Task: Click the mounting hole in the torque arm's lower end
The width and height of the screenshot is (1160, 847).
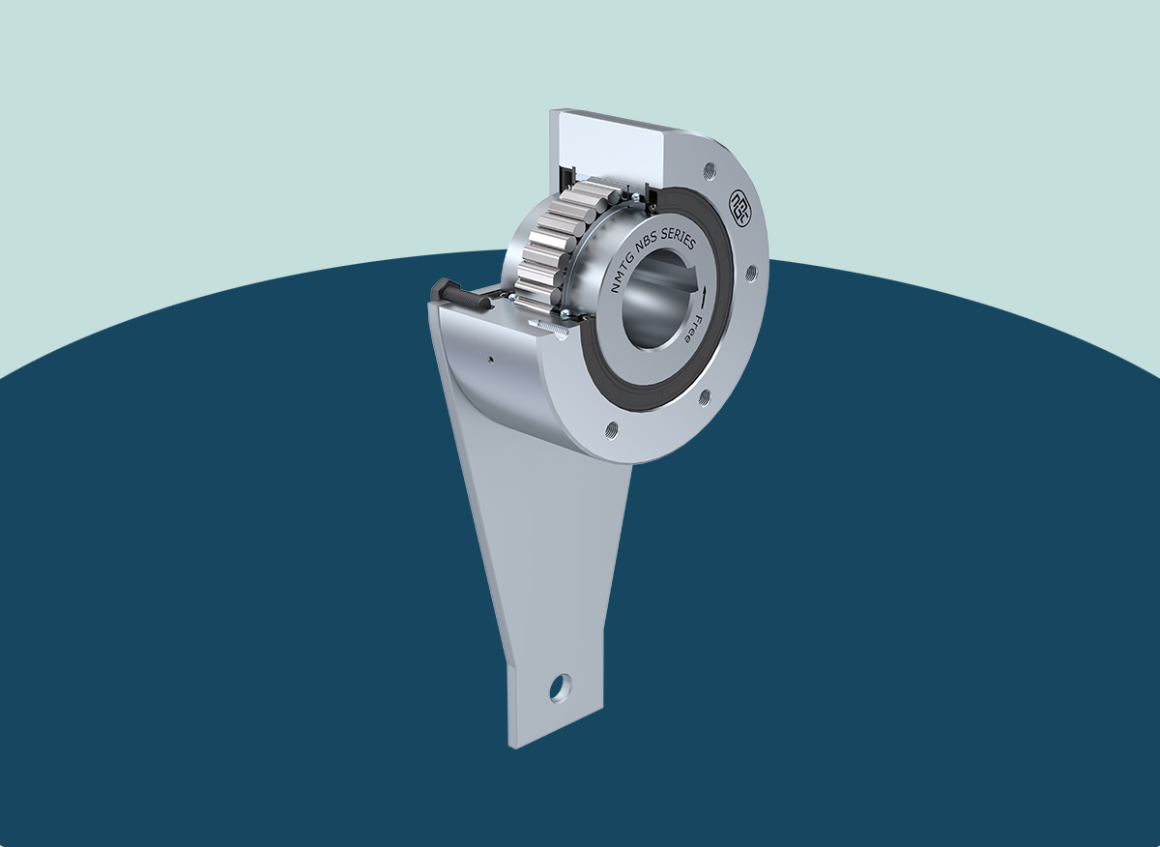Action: point(559,688)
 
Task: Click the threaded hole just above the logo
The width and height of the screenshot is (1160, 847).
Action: point(711,169)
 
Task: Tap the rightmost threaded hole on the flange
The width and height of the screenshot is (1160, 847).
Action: point(749,275)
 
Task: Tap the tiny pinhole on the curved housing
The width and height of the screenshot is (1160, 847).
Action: point(491,359)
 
